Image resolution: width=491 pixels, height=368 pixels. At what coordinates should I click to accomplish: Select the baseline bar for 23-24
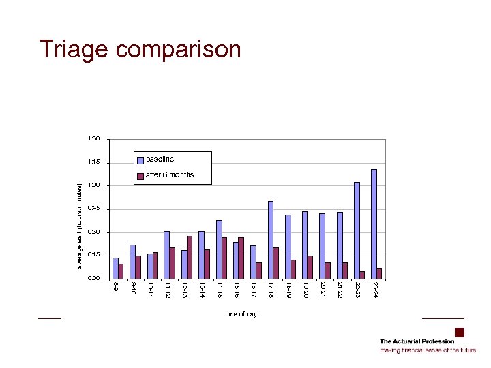point(374,224)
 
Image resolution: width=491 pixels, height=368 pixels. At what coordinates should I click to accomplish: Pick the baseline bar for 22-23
point(357,230)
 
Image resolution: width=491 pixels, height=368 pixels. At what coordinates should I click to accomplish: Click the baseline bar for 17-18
point(271,240)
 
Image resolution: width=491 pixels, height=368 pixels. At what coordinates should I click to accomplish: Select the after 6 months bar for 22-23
point(362,275)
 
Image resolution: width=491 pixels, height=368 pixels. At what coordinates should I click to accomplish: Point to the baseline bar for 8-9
point(115,268)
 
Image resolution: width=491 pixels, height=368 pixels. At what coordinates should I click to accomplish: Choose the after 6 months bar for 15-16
point(241,258)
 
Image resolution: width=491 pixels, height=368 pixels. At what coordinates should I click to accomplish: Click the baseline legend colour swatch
point(140,160)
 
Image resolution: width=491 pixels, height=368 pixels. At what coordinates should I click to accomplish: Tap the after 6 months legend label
point(170,175)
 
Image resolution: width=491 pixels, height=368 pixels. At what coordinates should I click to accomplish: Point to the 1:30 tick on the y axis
point(94,139)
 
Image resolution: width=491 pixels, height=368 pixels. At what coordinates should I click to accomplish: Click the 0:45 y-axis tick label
point(94,209)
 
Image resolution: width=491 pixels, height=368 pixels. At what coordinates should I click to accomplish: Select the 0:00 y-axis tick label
point(94,278)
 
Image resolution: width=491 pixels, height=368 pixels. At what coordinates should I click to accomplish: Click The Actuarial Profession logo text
point(417,341)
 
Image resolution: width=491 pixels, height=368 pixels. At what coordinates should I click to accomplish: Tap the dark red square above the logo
point(459,333)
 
